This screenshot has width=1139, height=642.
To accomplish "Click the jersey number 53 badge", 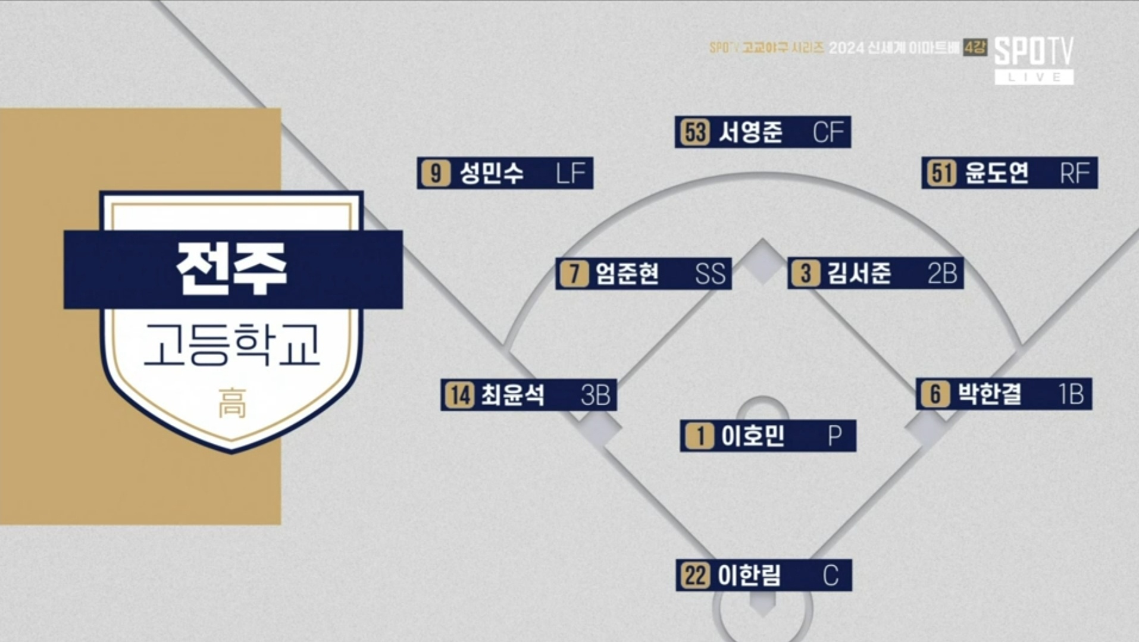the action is (x=695, y=132).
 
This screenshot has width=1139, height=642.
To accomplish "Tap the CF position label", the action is (x=828, y=132).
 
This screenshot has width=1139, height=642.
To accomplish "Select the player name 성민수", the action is (x=492, y=173).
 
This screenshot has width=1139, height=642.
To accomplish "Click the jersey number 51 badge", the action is (x=941, y=173).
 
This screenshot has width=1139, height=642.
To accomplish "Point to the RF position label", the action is (x=1075, y=173).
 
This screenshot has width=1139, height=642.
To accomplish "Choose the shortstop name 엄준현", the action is (x=627, y=274).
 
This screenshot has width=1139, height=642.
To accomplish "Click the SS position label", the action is (x=711, y=274).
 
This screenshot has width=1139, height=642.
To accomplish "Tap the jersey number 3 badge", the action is (x=806, y=274).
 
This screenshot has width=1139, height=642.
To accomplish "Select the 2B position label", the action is (x=942, y=274).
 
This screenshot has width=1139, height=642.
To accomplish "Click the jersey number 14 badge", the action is (x=460, y=395).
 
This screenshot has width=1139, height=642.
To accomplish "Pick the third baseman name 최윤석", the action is (x=513, y=395).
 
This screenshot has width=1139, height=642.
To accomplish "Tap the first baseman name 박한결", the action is (x=990, y=394).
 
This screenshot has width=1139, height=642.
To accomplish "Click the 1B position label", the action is (x=1071, y=394).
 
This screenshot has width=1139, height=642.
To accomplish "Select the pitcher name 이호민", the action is (x=753, y=436).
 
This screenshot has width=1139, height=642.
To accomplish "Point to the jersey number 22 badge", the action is (x=696, y=576).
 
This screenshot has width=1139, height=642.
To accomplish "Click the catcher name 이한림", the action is (x=749, y=575).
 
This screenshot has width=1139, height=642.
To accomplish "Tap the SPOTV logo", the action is (x=1034, y=60).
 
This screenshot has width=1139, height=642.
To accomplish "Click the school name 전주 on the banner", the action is (x=232, y=269).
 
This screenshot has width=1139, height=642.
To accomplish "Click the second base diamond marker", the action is (x=762, y=261).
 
